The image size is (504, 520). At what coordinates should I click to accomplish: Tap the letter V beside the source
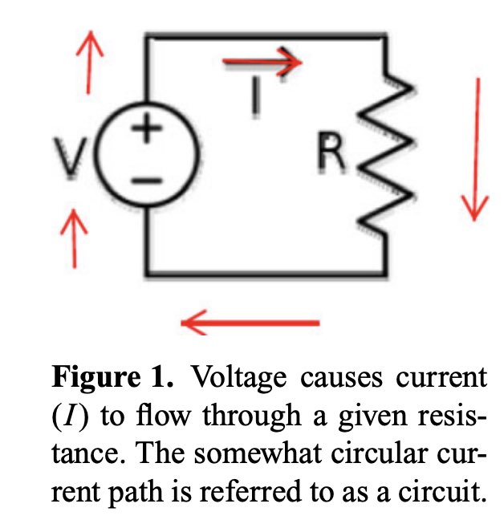pyautogui.click(x=77, y=158)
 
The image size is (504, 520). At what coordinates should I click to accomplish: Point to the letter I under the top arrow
pyautogui.click(x=254, y=95)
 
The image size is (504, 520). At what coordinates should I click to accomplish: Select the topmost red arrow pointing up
pyautogui.click(x=90, y=61)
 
